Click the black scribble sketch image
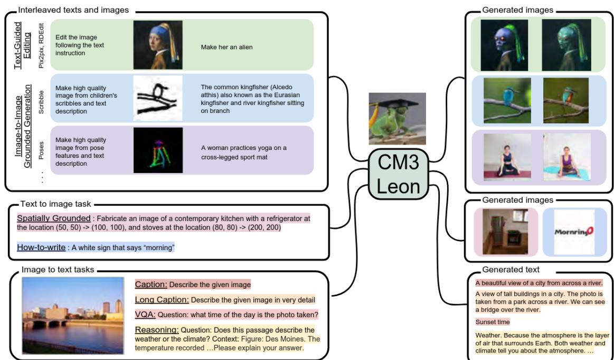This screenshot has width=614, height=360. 157,98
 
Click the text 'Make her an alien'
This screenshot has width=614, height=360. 226,47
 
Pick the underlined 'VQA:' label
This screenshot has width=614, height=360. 145,315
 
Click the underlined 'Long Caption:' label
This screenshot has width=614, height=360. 162,300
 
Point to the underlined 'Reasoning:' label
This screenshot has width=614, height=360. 157,330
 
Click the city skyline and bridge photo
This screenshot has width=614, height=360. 73,315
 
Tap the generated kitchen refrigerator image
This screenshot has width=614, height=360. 506,231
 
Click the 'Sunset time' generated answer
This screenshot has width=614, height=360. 493,321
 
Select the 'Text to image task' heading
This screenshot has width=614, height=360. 55,203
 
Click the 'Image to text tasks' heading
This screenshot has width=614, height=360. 58,270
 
